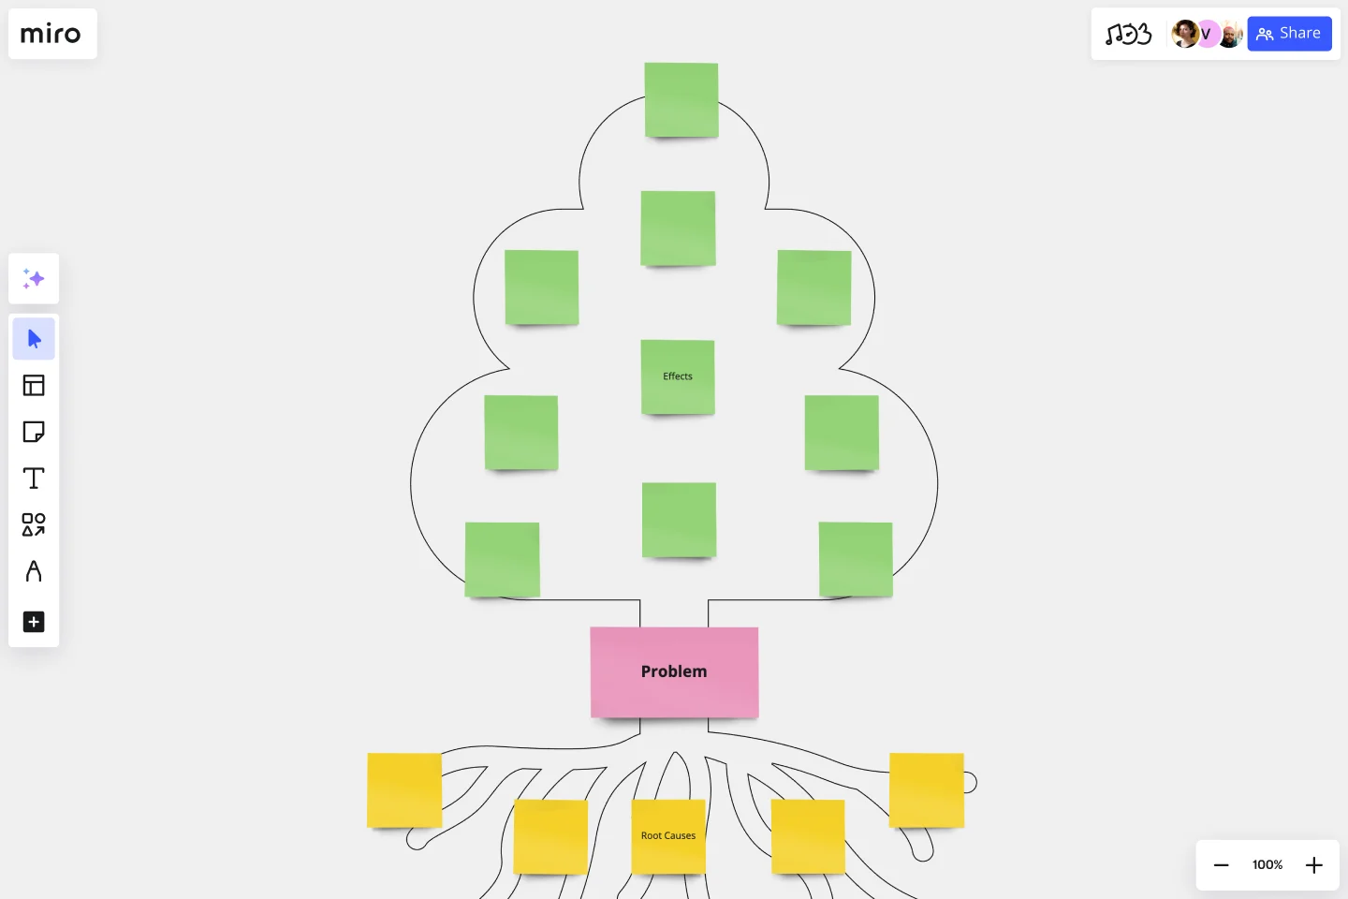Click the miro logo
point(51,34)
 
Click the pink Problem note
point(674,672)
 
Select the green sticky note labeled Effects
point(678,377)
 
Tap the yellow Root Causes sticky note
point(668,836)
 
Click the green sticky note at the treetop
point(681,100)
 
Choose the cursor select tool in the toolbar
point(34,339)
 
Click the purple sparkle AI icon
point(34,279)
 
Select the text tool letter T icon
point(34,479)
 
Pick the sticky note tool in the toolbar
point(34,432)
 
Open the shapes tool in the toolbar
point(34,524)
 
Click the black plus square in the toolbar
point(34,622)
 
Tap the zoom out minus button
point(1221,865)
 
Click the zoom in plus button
point(1314,865)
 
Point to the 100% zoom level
point(1267,864)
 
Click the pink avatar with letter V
point(1207,34)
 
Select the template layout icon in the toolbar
point(34,386)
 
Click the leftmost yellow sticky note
point(404,790)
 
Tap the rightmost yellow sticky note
point(927,790)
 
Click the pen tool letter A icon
point(34,571)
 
